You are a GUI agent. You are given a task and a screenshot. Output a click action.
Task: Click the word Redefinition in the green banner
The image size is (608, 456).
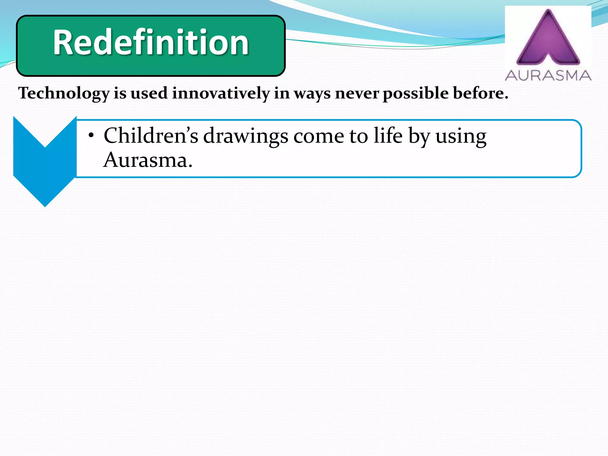[151, 42]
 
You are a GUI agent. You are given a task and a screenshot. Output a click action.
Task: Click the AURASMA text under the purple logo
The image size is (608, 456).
[548, 75]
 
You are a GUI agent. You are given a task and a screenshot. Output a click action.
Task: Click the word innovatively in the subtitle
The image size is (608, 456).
[221, 93]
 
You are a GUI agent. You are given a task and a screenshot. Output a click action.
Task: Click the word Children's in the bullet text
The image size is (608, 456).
[151, 136]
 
